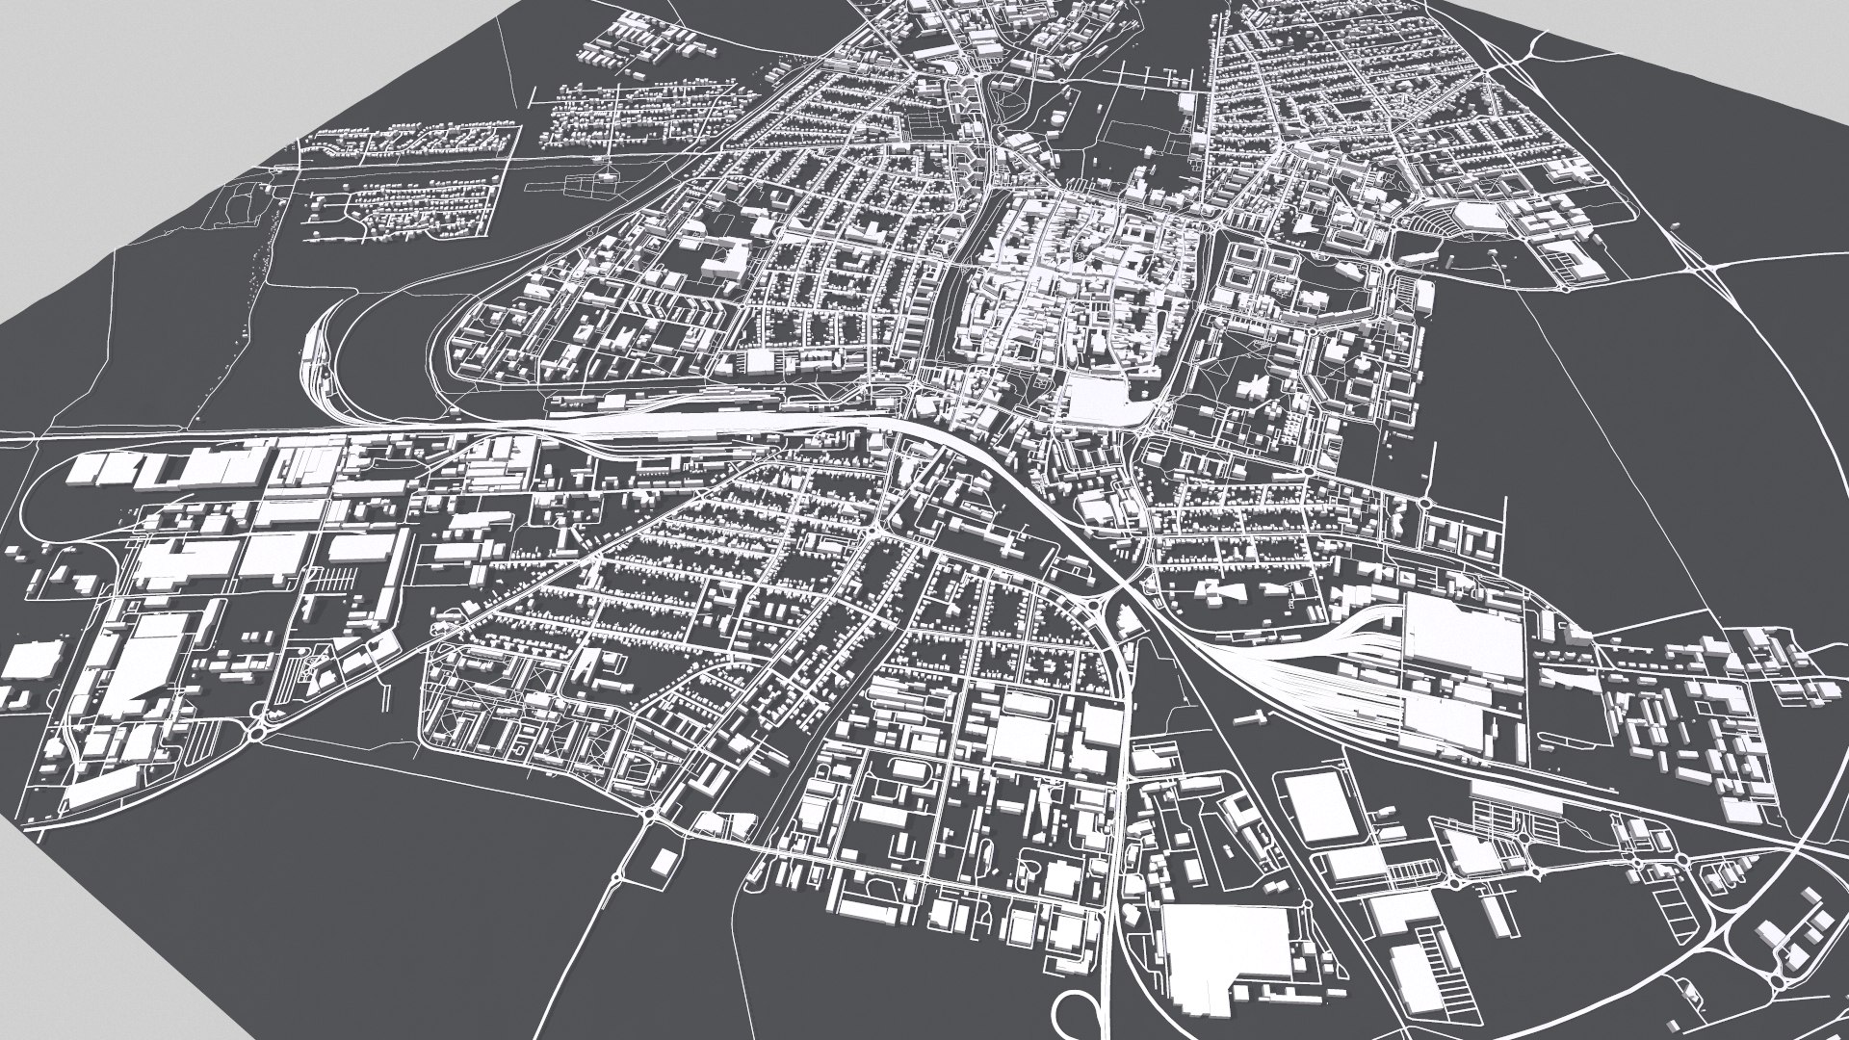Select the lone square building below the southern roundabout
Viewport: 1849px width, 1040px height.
pyautogui.click(x=662, y=862)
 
